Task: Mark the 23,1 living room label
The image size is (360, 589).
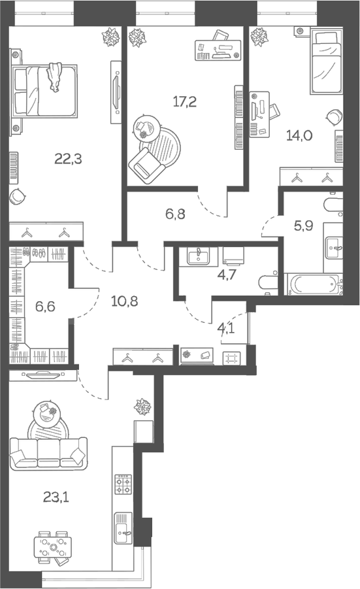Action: [x=57, y=497]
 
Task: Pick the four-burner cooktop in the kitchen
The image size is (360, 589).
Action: [x=122, y=485]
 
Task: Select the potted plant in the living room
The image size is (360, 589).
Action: [x=143, y=407]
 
